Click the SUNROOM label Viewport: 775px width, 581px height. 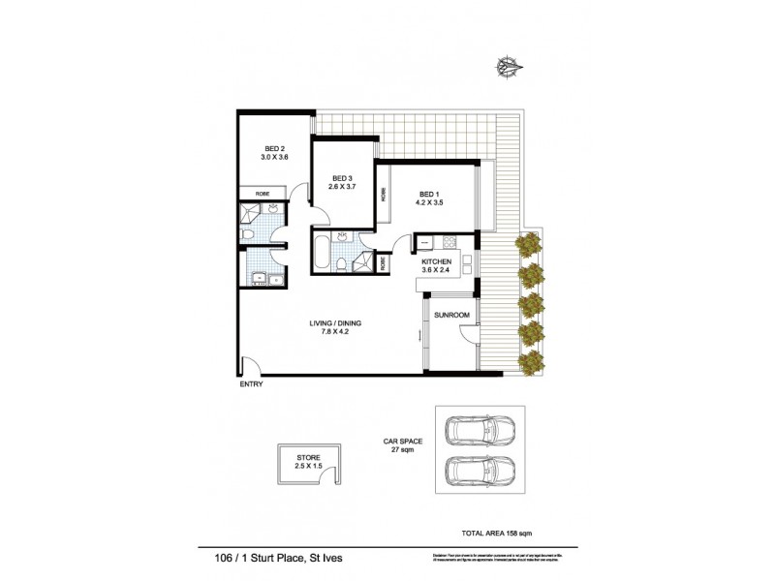451,316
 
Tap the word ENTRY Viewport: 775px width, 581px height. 251,384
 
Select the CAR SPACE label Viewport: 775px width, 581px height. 401,442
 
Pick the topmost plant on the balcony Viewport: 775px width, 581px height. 530,246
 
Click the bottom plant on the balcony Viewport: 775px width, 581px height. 530,364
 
